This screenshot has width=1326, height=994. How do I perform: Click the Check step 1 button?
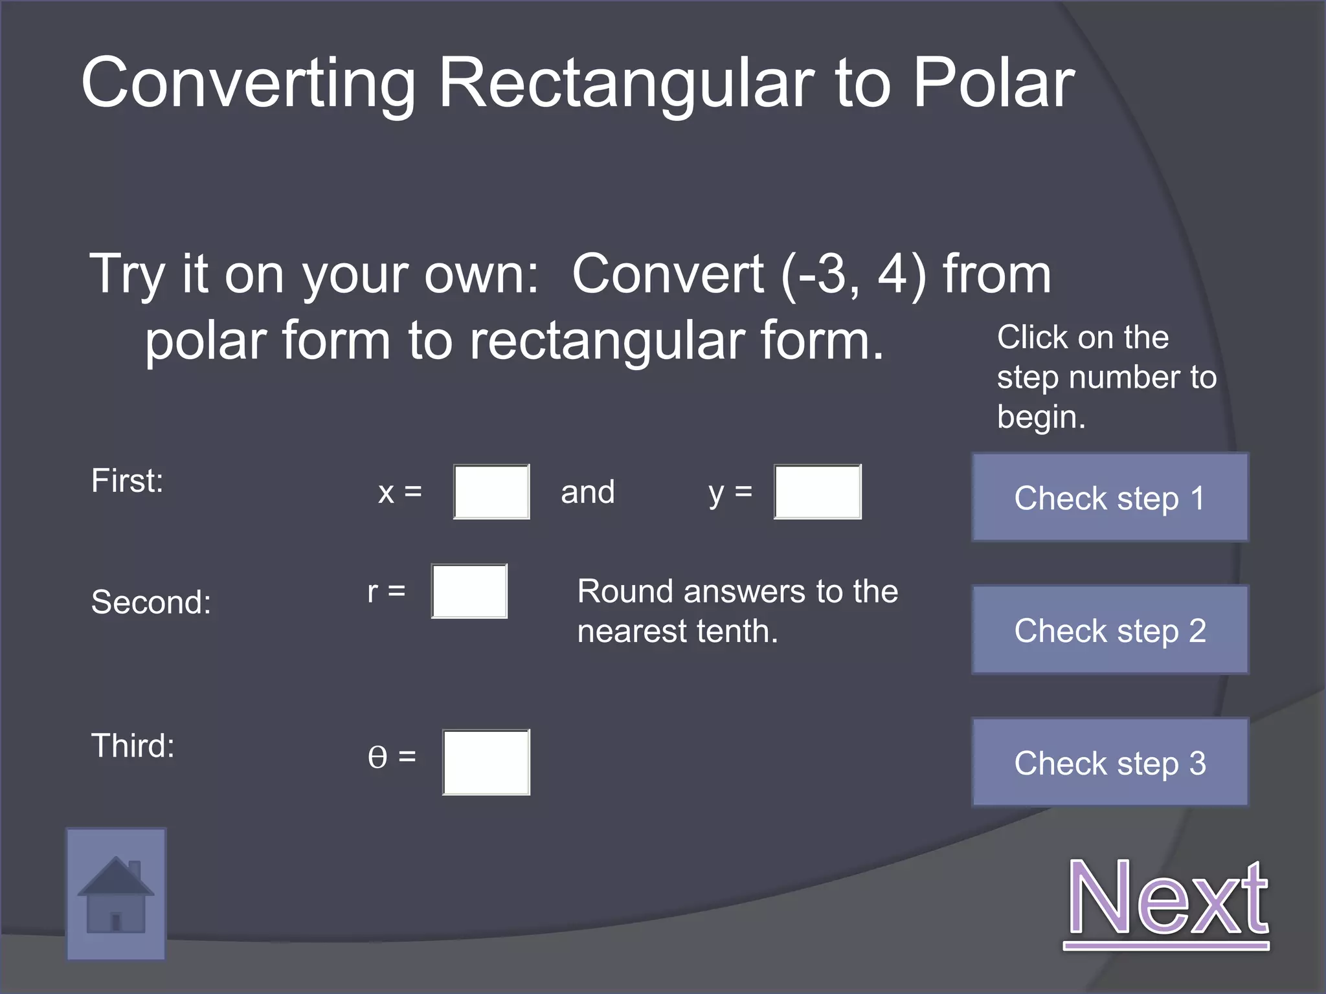[x=1110, y=497]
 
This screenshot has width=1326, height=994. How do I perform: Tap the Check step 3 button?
[x=1110, y=762]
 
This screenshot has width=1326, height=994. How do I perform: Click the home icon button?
[x=116, y=894]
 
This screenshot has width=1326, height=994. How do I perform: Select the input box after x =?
[x=491, y=491]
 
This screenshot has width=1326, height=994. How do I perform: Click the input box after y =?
[x=817, y=491]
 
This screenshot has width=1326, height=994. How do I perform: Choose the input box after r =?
[x=469, y=591]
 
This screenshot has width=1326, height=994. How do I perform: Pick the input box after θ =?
[x=486, y=762]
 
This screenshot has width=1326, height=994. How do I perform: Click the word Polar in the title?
[x=994, y=83]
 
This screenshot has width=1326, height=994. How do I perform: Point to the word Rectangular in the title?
[x=625, y=83]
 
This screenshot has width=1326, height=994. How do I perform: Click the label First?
[x=128, y=481]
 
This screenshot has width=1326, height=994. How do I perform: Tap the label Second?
[x=152, y=602]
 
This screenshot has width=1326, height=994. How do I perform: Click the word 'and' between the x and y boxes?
[x=587, y=492]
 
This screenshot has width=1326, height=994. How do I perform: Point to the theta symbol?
[x=377, y=757]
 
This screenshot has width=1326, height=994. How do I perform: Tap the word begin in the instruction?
[x=1040, y=417]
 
